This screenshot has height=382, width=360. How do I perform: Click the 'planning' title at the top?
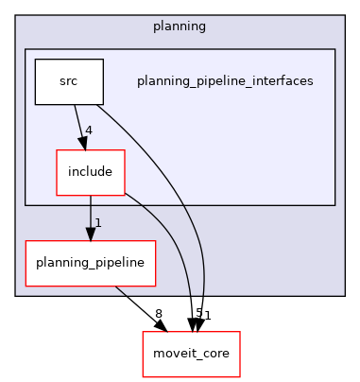click(x=180, y=25)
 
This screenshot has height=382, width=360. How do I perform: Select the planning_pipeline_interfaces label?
click(x=225, y=81)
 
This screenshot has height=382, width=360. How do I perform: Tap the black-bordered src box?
click(x=68, y=81)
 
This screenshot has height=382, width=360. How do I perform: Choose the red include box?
click(x=91, y=172)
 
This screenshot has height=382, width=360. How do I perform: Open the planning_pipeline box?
click(x=91, y=261)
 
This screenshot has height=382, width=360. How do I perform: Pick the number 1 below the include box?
click(x=98, y=223)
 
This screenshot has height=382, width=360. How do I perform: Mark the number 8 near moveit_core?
click(x=159, y=313)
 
